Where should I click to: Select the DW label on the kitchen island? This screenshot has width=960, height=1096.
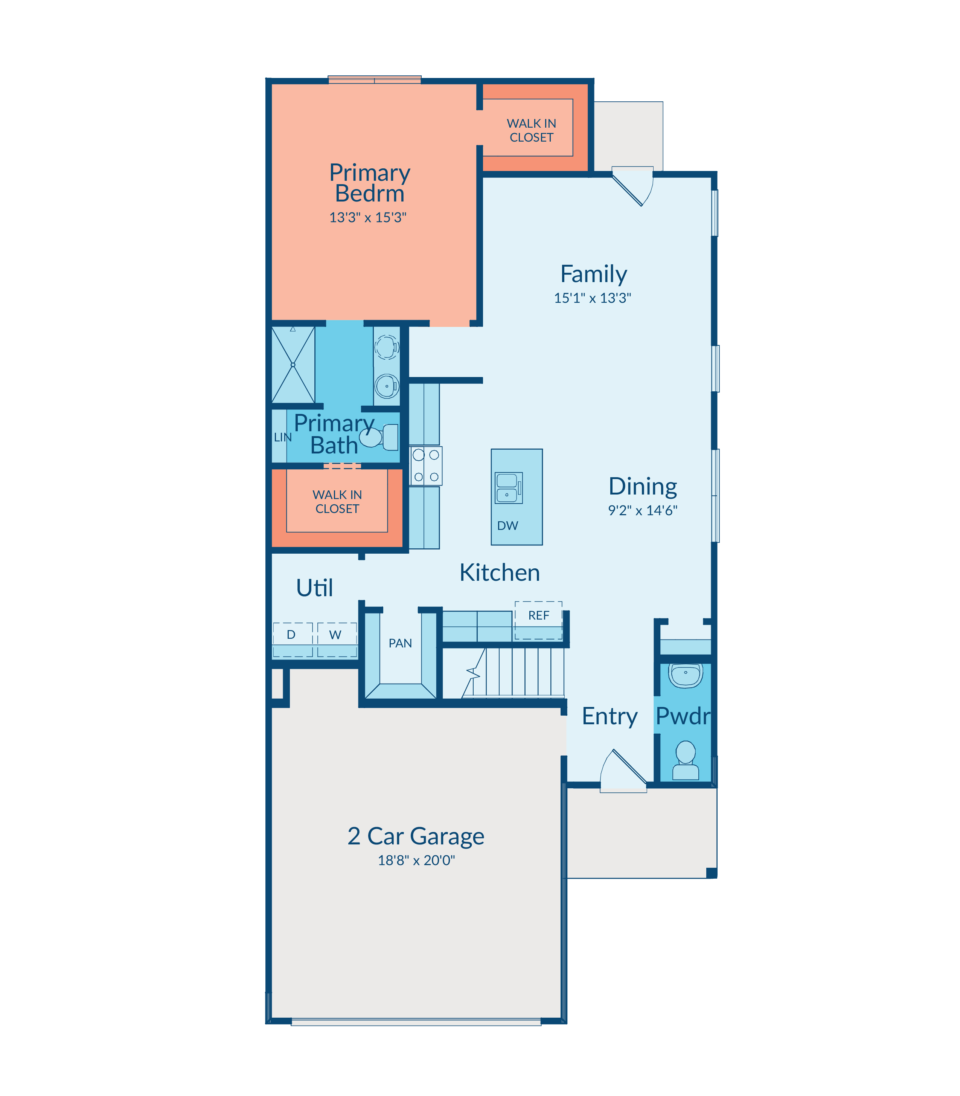(x=507, y=526)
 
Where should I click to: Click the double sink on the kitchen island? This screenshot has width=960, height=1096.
(x=508, y=488)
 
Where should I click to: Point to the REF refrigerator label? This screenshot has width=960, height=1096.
(x=538, y=615)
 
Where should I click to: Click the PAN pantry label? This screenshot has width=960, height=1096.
(x=400, y=643)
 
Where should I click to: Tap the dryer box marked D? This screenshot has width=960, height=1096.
(x=293, y=640)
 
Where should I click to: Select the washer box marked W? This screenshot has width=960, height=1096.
(x=337, y=640)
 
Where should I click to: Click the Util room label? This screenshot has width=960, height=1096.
(x=314, y=588)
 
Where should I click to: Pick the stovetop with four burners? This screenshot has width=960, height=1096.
(x=426, y=466)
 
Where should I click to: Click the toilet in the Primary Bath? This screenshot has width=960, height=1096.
(x=379, y=437)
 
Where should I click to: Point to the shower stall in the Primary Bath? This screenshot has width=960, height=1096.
(x=293, y=365)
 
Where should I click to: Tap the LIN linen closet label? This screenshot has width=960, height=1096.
(x=282, y=437)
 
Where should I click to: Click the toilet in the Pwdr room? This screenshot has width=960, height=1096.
(x=686, y=760)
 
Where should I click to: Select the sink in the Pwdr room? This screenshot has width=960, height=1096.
(x=686, y=675)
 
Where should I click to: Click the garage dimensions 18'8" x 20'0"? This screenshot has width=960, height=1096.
(x=416, y=860)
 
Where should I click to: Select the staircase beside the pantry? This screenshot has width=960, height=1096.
(x=513, y=673)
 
